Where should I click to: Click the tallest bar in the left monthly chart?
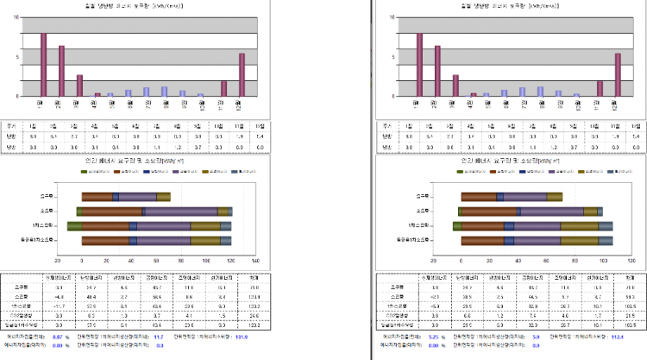(x=44, y=65)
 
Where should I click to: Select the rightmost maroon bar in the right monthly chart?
(x=618, y=75)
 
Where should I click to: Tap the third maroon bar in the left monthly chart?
(x=79, y=85)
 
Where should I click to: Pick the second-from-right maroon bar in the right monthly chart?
(x=600, y=88)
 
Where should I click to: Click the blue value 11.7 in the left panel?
(x=159, y=337)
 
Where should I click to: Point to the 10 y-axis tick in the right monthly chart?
(x=393, y=16)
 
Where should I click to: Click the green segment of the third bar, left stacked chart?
(x=75, y=226)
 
